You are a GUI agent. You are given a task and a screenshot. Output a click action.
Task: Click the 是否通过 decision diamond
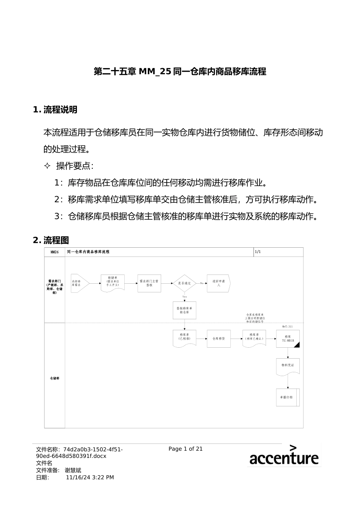point(184,283)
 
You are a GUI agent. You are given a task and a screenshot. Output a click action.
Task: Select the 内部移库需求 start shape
point(79,283)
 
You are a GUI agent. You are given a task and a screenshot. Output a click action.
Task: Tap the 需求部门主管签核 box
point(149,283)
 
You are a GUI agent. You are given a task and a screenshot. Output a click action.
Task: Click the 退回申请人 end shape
point(218,283)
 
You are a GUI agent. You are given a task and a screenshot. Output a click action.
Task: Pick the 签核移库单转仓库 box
point(185,311)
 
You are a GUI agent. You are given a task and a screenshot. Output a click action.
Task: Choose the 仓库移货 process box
point(219,339)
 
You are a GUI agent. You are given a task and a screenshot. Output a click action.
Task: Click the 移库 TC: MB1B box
point(288,339)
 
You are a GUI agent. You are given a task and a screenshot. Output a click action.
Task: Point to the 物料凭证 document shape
point(288,366)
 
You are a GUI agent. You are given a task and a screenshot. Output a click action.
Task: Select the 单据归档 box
point(287,397)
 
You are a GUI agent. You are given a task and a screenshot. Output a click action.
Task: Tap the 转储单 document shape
point(113,282)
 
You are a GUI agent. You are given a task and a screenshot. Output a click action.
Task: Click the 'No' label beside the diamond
point(202,283)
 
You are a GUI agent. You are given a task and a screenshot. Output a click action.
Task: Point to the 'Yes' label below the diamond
point(185,297)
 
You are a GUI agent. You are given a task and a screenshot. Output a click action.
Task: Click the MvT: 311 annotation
point(287,326)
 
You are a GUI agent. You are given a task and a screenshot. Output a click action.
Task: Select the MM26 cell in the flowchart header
point(55,252)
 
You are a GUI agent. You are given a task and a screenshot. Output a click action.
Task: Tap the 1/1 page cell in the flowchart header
point(258,252)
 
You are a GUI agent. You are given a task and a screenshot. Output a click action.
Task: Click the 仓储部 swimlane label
point(55,378)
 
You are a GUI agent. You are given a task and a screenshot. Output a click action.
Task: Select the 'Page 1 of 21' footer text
point(186,449)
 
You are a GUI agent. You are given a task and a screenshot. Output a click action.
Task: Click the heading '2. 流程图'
point(51,240)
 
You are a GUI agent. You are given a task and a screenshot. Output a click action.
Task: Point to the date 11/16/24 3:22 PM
point(90,478)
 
